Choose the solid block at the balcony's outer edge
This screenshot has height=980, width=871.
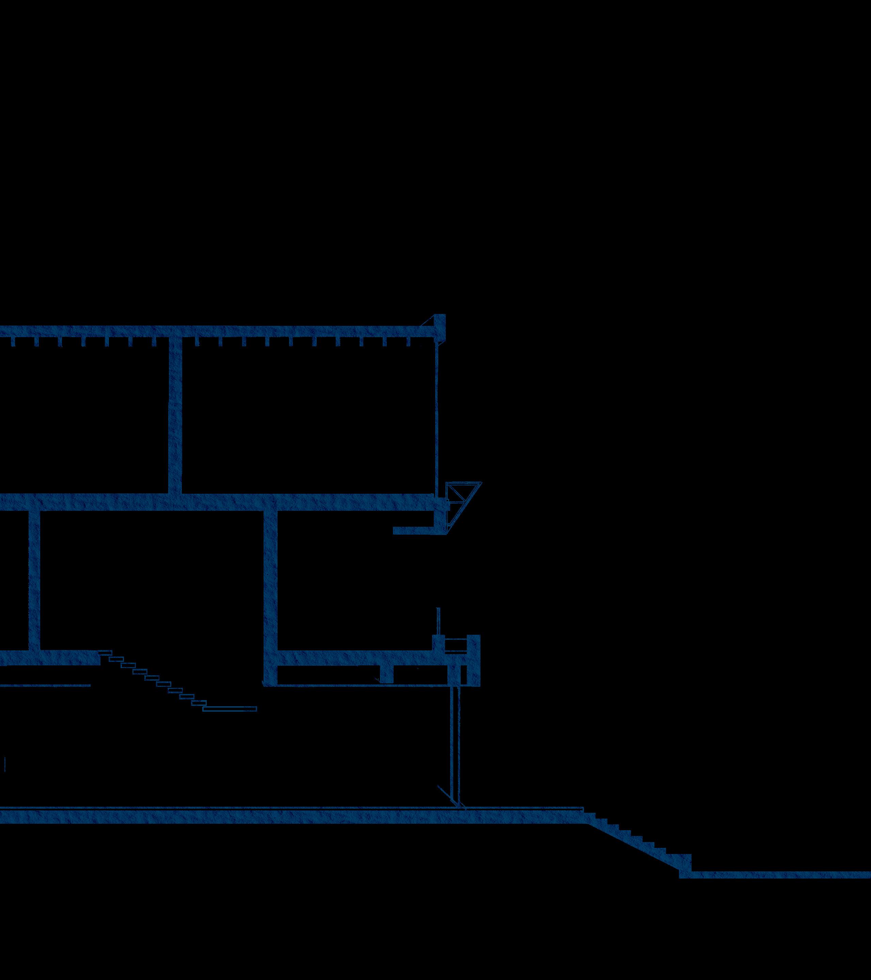tap(473, 659)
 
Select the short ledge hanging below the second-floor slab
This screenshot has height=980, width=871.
tap(415, 530)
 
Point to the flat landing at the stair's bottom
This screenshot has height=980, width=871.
tap(230, 709)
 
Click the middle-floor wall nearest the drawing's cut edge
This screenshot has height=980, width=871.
tap(34, 580)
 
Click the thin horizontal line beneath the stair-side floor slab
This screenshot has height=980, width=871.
tap(46, 685)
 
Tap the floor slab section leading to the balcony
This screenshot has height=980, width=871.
tap(355, 658)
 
